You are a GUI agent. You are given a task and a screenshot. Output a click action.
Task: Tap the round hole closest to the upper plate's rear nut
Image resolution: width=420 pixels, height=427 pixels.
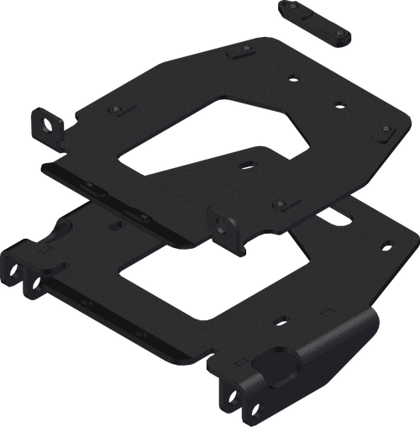pyautogui.click(x=291, y=79)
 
